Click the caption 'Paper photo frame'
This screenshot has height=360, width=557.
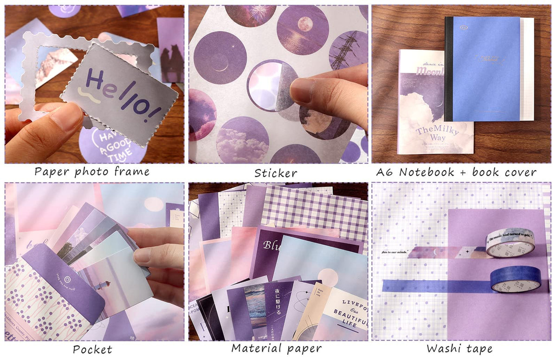click(92, 172)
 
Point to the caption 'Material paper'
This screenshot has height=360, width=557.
click(276, 348)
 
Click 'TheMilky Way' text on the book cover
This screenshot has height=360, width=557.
click(436, 134)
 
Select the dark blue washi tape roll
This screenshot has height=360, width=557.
click(515, 280)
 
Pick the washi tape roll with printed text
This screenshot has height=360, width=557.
click(510, 242)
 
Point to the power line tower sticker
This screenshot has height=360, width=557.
click(349, 50)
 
